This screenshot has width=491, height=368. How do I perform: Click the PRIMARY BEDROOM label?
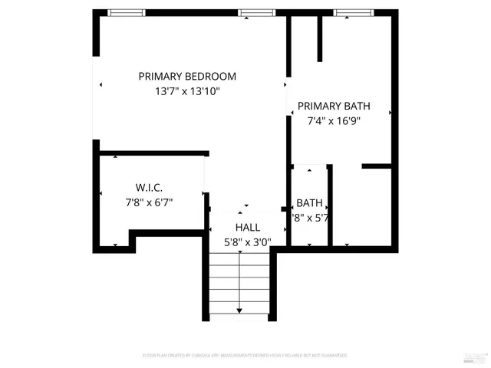pos(187,77)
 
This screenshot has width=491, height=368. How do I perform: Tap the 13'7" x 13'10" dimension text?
pos(187,91)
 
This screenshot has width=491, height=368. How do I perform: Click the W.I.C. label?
pos(149,188)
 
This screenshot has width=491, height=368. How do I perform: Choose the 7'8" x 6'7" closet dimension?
pos(149,202)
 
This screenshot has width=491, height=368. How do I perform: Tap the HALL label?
pos(247,228)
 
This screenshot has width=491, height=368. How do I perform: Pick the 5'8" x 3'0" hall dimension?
pos(247,242)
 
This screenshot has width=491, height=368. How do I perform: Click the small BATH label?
pos(309,203)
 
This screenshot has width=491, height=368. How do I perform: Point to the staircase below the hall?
pos(239,284)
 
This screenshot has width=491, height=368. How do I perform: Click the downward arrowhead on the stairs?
pos(239,310)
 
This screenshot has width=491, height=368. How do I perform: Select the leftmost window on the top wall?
pos(127,12)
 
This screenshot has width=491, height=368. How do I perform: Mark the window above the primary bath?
pos(353,12)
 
